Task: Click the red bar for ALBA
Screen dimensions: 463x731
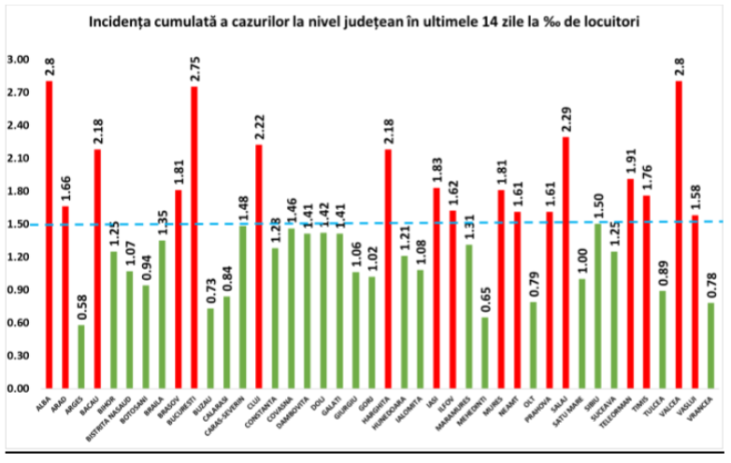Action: click(49, 233)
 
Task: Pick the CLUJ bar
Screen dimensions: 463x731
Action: click(258, 266)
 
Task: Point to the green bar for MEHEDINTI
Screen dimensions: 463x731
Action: click(484, 352)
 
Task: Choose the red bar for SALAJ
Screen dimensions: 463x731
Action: click(565, 262)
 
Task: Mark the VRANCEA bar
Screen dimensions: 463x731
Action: click(709, 344)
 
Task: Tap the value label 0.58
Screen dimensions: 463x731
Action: click(81, 305)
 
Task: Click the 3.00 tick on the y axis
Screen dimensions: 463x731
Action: click(18, 60)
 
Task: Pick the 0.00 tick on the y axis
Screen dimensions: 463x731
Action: click(18, 387)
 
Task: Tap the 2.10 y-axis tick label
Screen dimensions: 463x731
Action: click(18, 159)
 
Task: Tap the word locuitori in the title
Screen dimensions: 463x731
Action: click(609, 20)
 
